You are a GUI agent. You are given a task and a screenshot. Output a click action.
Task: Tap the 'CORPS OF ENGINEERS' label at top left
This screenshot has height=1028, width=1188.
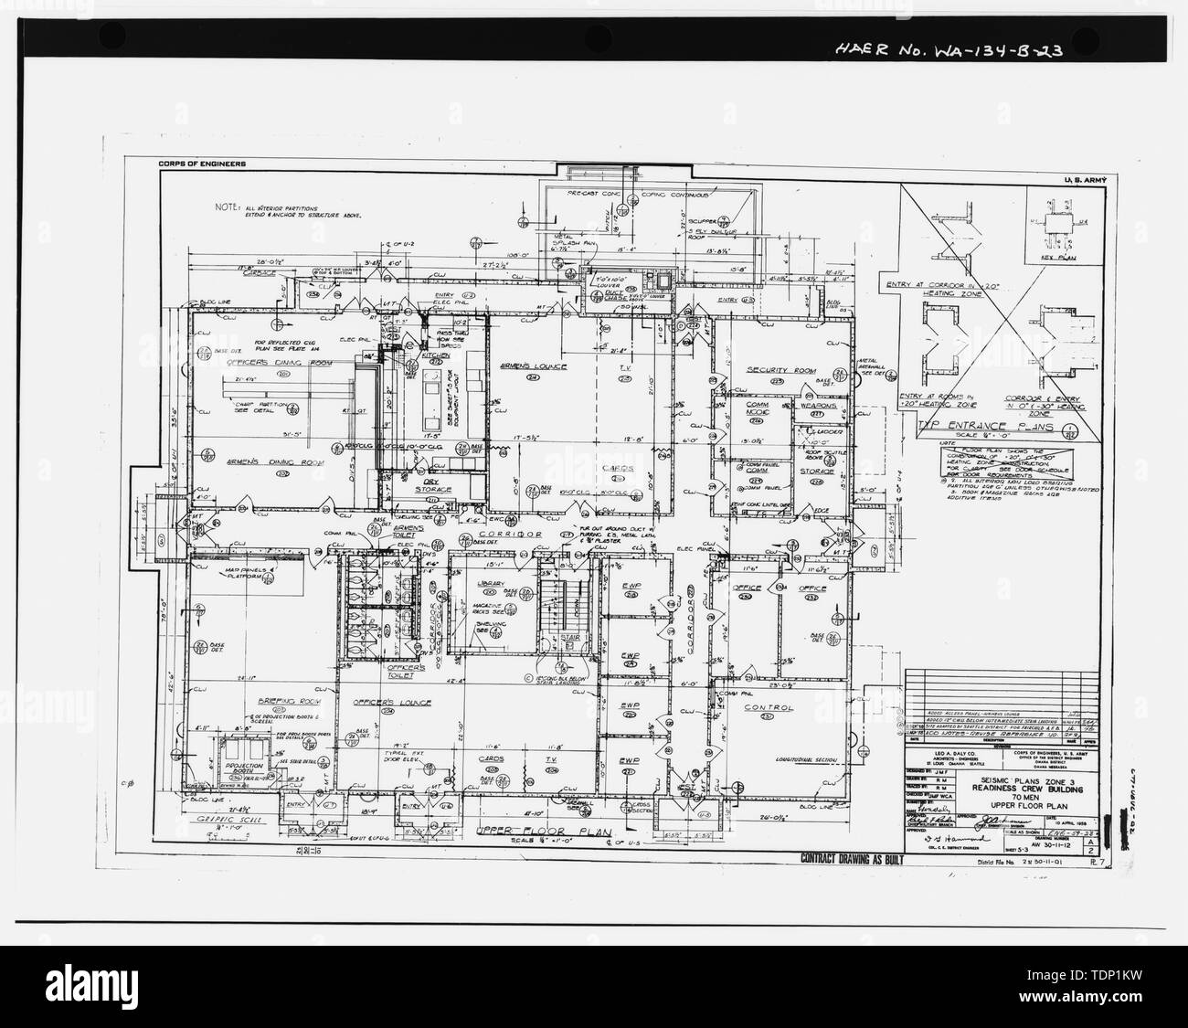click(x=200, y=164)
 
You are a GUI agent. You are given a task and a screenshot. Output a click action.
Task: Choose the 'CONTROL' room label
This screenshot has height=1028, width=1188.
click(x=768, y=707)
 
